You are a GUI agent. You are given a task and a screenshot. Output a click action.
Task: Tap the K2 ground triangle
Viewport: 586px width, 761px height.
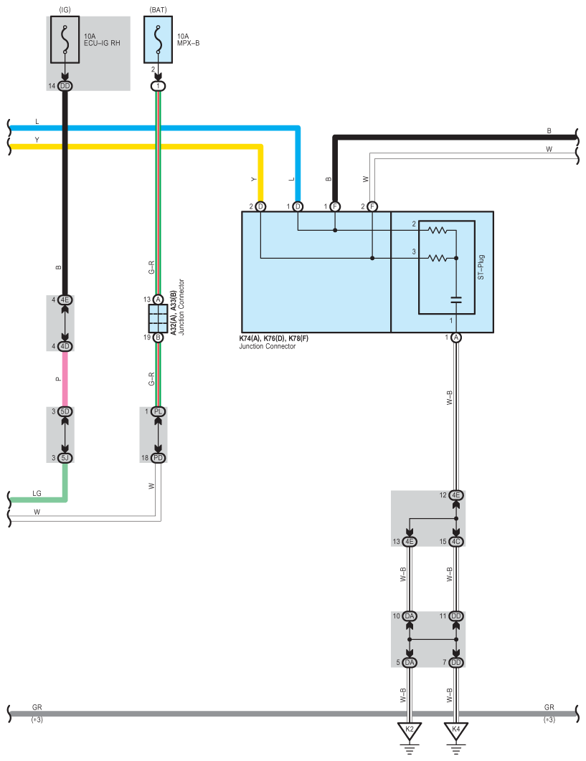(410, 731)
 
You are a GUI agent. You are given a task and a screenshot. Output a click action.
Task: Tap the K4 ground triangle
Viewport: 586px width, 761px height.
(455, 731)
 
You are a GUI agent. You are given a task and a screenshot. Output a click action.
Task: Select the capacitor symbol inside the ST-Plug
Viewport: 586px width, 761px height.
(455, 298)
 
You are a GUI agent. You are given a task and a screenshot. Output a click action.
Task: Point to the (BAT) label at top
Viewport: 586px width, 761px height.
(158, 9)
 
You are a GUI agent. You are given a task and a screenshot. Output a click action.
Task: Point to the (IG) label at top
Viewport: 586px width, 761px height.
(65, 9)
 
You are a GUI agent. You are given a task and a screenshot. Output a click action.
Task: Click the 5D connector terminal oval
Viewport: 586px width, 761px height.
(65, 411)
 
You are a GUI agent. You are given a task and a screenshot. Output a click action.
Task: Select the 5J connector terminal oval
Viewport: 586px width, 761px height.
(65, 457)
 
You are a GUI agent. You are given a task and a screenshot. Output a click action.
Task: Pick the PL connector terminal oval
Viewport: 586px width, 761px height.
(159, 411)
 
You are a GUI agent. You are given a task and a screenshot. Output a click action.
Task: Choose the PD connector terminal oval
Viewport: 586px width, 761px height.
(159, 457)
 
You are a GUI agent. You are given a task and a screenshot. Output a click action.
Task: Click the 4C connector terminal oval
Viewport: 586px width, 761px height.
(455, 541)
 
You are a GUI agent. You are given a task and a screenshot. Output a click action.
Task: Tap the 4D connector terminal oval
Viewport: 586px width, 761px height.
(65, 346)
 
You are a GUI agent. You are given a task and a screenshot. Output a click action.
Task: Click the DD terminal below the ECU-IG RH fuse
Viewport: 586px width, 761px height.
(65, 86)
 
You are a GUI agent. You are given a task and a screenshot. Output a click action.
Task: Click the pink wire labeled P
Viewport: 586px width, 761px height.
(65, 379)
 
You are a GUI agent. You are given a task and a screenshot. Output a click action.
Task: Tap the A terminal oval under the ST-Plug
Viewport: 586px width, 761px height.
(455, 337)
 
